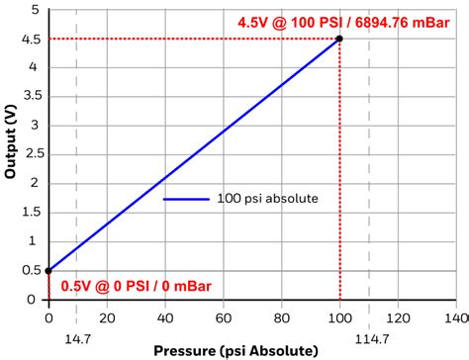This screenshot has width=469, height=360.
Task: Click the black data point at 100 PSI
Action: click(x=339, y=39)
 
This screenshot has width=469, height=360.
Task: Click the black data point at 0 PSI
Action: click(x=48, y=270)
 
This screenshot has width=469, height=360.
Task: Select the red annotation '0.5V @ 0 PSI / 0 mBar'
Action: click(x=136, y=286)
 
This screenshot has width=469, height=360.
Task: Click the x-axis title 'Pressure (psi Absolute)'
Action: click(x=235, y=350)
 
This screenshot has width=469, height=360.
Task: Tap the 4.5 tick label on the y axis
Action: click(x=32, y=39)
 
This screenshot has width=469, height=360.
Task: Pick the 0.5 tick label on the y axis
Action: click(x=32, y=270)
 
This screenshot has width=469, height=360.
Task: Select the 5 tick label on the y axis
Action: click(x=37, y=10)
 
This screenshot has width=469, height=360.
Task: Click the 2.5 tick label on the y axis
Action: click(x=32, y=154)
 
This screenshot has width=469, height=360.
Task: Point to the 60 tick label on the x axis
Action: click(x=224, y=318)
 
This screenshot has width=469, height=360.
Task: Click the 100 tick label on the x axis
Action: click(x=339, y=318)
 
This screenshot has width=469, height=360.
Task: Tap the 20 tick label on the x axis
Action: click(x=107, y=318)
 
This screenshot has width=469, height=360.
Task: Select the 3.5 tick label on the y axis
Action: click(x=32, y=97)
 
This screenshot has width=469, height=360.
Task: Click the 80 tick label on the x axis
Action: click(x=282, y=318)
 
